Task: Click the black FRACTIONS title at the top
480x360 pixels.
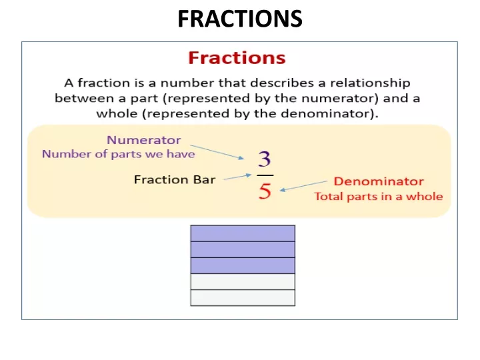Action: point(240,19)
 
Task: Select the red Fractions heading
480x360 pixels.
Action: point(237,57)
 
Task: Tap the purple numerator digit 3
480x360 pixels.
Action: point(265,159)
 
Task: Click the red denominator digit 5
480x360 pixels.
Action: point(265,191)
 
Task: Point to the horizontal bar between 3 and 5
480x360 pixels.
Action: point(265,175)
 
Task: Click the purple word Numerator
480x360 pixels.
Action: point(144,140)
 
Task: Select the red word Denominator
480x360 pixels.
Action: point(379,181)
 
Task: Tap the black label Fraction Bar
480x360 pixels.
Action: point(175,179)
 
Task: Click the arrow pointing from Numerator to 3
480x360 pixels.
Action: point(217,152)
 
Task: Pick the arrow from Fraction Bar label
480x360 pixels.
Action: point(237,177)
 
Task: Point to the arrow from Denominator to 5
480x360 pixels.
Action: point(303,186)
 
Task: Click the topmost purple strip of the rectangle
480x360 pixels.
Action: point(243,233)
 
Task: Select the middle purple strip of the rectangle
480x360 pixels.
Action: point(243,249)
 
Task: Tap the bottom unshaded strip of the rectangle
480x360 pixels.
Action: point(243,298)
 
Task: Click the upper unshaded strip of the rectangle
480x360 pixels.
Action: point(243,281)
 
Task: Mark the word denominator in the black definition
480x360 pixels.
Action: point(326,113)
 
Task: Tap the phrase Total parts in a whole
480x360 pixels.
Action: point(379,196)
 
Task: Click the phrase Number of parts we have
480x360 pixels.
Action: point(119,154)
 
